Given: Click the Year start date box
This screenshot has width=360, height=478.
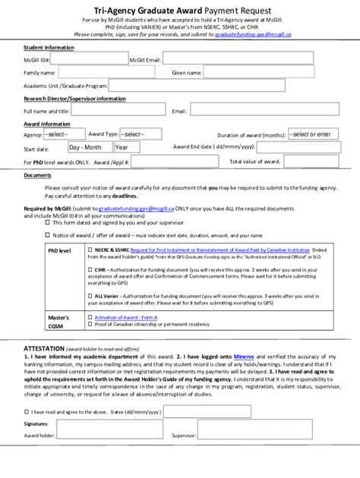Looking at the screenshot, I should (126, 148).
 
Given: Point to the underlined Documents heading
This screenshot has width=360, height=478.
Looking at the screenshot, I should (37, 175).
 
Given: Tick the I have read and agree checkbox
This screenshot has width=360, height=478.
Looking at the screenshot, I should (27, 410).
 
